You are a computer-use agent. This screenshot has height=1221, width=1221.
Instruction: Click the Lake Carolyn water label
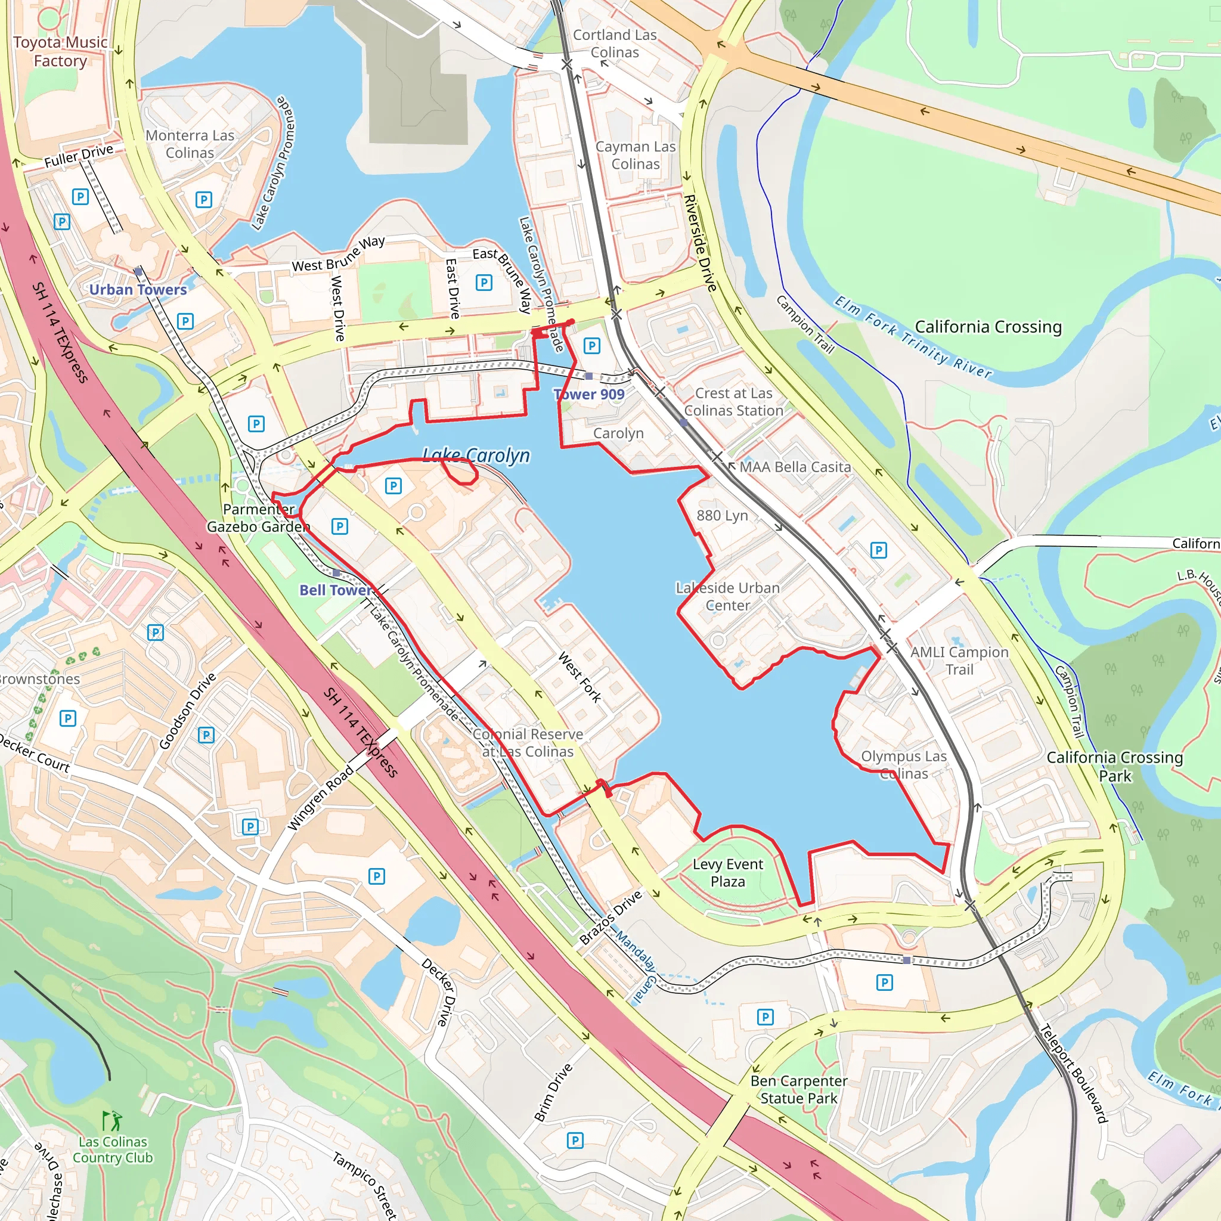pyautogui.click(x=476, y=455)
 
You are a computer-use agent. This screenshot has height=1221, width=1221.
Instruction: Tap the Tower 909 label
pyautogui.click(x=589, y=394)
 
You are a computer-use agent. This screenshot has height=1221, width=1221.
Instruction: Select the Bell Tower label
pyautogui.click(x=335, y=590)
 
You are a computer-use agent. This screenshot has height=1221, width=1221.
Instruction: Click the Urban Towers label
pyautogui.click(x=138, y=289)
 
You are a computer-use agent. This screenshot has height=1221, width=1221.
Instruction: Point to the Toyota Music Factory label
pyautogui.click(x=60, y=51)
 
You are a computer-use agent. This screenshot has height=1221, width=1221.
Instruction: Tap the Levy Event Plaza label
pyautogui.click(x=727, y=873)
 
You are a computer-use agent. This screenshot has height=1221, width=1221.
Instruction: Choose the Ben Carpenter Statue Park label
pyautogui.click(x=799, y=1090)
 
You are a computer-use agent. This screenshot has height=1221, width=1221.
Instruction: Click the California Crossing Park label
pyautogui.click(x=1114, y=766)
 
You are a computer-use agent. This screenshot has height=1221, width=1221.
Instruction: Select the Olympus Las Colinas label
pyautogui.click(x=904, y=765)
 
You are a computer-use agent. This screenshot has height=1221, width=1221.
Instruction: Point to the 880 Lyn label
pyautogui.click(x=722, y=516)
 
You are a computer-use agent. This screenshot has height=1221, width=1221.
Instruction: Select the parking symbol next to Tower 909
pyautogui.click(x=591, y=346)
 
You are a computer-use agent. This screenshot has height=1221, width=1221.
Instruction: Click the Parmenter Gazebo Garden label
pyautogui.click(x=259, y=517)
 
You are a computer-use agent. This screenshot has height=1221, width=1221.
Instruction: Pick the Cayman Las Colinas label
pyautogui.click(x=635, y=155)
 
